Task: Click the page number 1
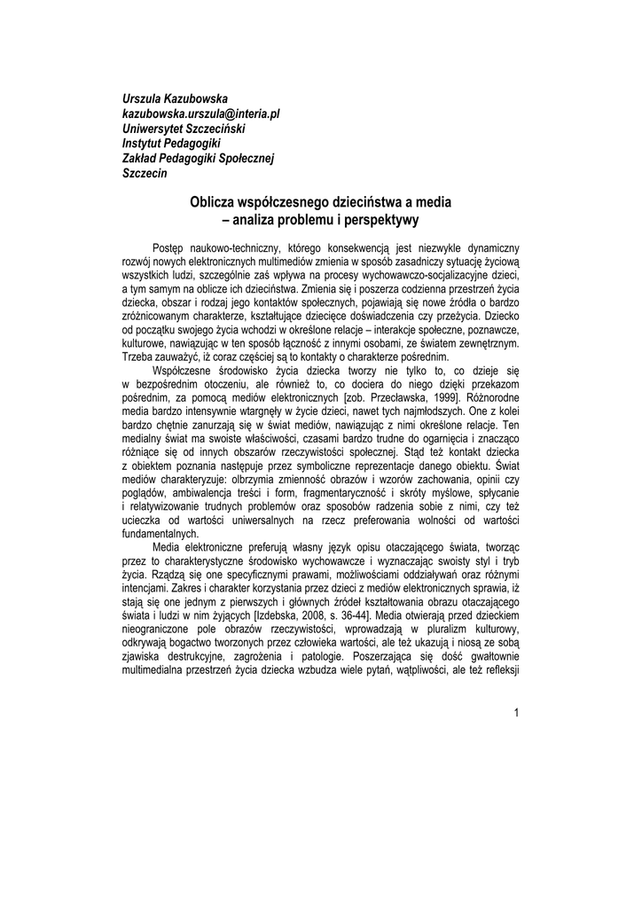516,713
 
